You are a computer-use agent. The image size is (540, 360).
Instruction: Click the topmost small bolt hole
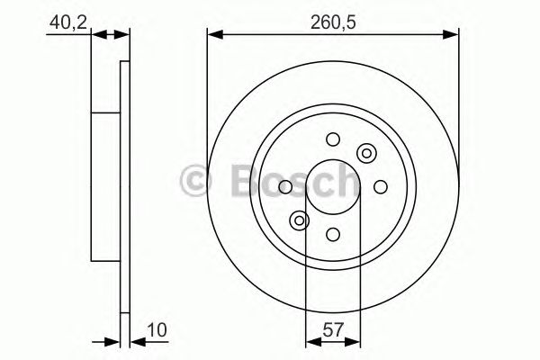click(332, 139)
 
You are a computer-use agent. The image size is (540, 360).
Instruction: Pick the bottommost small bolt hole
click(332, 234)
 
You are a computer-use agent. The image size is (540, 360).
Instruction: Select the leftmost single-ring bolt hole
click(284, 186)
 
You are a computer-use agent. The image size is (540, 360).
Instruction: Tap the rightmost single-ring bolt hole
click(380, 186)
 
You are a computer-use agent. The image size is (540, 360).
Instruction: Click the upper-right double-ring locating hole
click(365, 153)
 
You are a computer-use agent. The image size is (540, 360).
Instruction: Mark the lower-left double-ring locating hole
click(299, 220)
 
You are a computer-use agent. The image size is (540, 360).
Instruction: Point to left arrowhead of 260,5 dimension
click(213, 35)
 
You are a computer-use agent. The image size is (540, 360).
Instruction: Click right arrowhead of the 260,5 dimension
click(454, 35)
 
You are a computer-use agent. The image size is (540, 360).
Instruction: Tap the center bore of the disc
click(332, 186)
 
